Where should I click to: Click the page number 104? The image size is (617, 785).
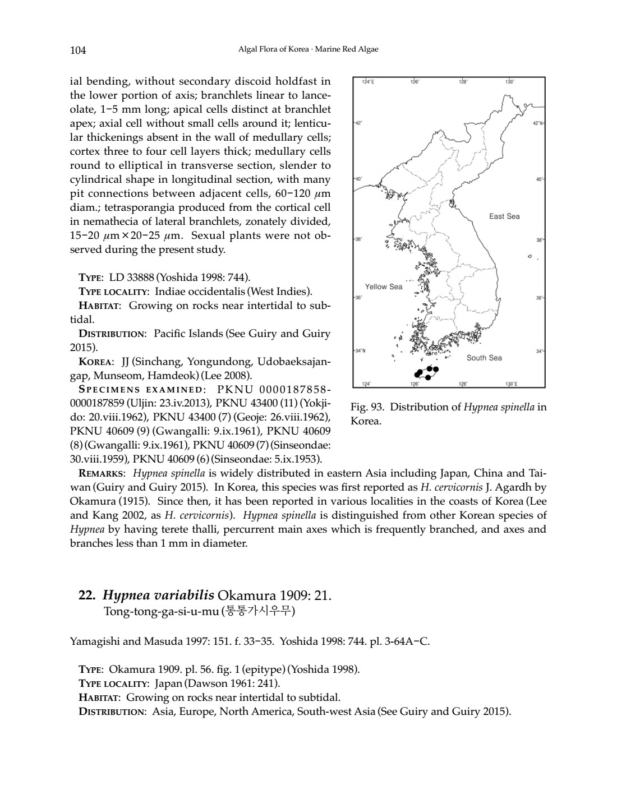click(78, 50)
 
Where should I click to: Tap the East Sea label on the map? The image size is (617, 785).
click(504, 216)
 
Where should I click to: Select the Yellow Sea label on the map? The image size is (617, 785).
click(383, 287)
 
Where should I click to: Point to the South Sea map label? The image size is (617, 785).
click(484, 358)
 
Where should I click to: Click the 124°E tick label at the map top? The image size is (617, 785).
click(368, 82)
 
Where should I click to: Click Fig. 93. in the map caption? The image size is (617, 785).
click(367, 407)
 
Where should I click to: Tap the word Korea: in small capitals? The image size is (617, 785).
click(96, 362)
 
